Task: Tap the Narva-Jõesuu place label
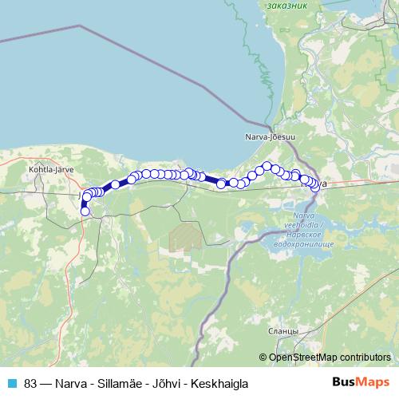point(270,137)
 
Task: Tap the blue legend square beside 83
point(11,383)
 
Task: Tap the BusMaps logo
point(360,382)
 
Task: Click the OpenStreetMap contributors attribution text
point(330,357)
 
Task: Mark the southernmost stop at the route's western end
point(85,211)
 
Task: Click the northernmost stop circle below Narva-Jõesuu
point(267,166)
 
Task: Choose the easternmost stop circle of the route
point(318,185)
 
